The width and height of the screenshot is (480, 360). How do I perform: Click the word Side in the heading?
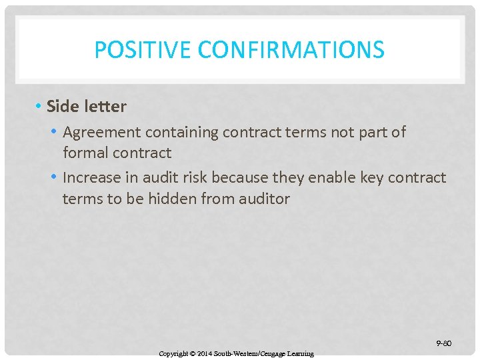(62, 106)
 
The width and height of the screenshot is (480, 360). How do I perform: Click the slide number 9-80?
(443, 343)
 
